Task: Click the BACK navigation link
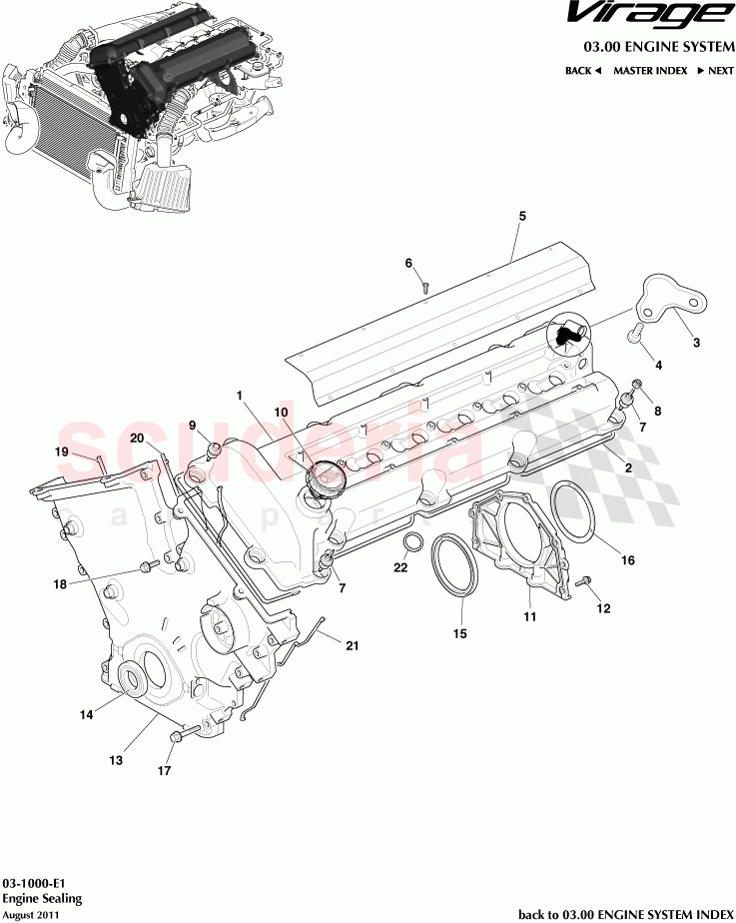(x=582, y=71)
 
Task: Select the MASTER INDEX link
(x=649, y=71)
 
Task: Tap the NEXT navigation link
(x=716, y=71)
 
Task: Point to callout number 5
(x=521, y=216)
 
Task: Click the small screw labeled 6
(x=424, y=286)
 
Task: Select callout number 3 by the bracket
(x=696, y=343)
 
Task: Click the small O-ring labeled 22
(x=410, y=541)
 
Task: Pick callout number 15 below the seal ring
(x=460, y=632)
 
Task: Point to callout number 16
(x=628, y=560)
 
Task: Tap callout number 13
(x=116, y=760)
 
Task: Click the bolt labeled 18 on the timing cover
(x=150, y=567)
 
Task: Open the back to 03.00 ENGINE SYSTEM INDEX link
(x=626, y=913)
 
